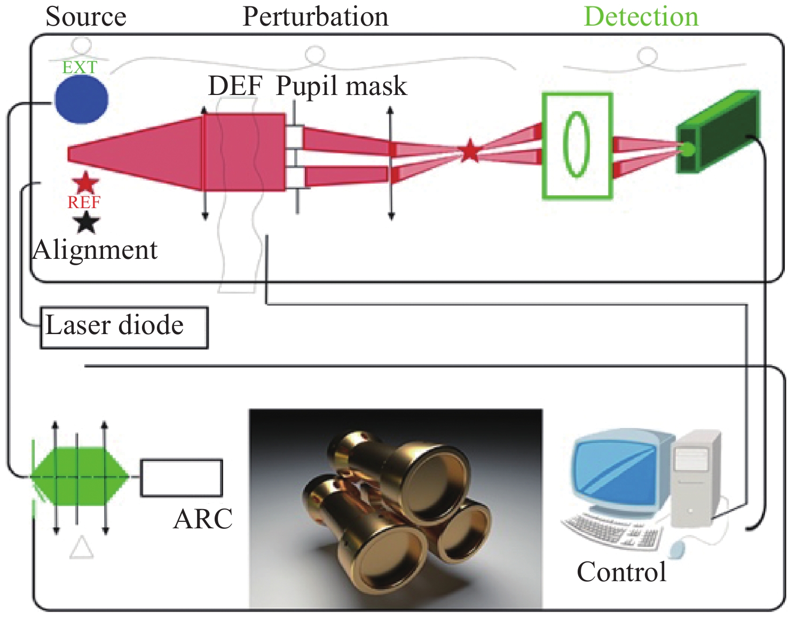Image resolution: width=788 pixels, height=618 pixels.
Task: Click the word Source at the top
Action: (x=86, y=17)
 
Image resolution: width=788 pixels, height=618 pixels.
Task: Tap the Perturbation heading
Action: (x=316, y=17)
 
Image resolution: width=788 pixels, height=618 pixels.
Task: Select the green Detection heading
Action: (x=641, y=17)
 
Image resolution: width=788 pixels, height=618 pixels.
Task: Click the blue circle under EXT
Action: (x=82, y=99)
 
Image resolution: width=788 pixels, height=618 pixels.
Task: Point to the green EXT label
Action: (x=80, y=67)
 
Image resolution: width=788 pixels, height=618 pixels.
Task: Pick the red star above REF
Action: (x=85, y=183)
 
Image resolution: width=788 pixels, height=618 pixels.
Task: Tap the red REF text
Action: (x=84, y=203)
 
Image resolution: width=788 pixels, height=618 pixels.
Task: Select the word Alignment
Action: (x=95, y=250)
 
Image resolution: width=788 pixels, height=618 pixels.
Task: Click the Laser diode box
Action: (x=124, y=327)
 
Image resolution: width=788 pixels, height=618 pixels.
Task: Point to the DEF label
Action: (x=235, y=86)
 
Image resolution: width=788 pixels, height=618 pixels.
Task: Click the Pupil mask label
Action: (x=341, y=86)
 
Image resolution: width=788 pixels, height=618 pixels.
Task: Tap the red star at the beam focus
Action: (x=470, y=151)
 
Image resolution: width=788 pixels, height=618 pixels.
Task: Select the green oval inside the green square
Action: (x=577, y=144)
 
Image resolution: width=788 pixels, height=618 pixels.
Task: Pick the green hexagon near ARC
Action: (x=79, y=476)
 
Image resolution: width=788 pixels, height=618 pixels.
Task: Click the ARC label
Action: (x=203, y=519)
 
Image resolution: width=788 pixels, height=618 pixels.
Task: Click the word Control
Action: (x=621, y=572)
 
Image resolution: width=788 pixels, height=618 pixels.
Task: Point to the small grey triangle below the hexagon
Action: (x=82, y=549)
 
